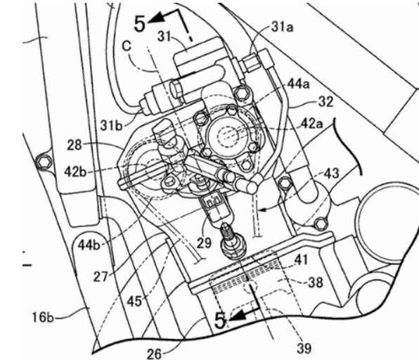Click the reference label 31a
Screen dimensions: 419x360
click(x=282, y=27)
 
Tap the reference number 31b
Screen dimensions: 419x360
click(x=111, y=125)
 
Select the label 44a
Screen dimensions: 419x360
click(x=299, y=84)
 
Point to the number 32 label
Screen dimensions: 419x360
click(x=325, y=102)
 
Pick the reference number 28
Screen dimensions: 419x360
click(x=75, y=145)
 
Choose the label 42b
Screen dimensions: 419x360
click(x=76, y=172)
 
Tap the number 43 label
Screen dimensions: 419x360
click(x=331, y=174)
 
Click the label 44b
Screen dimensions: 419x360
click(x=89, y=245)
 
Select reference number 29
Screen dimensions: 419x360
click(x=204, y=243)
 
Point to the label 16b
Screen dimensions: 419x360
click(x=43, y=318)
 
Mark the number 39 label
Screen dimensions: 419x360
click(x=304, y=348)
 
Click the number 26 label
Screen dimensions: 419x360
click(x=154, y=354)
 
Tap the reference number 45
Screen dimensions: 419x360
click(x=134, y=302)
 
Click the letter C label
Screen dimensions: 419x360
click(x=127, y=46)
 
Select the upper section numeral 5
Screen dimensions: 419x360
click(x=140, y=24)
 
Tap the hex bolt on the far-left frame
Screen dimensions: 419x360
click(x=44, y=162)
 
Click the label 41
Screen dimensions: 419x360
click(x=301, y=259)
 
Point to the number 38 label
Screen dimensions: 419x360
click(x=316, y=282)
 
